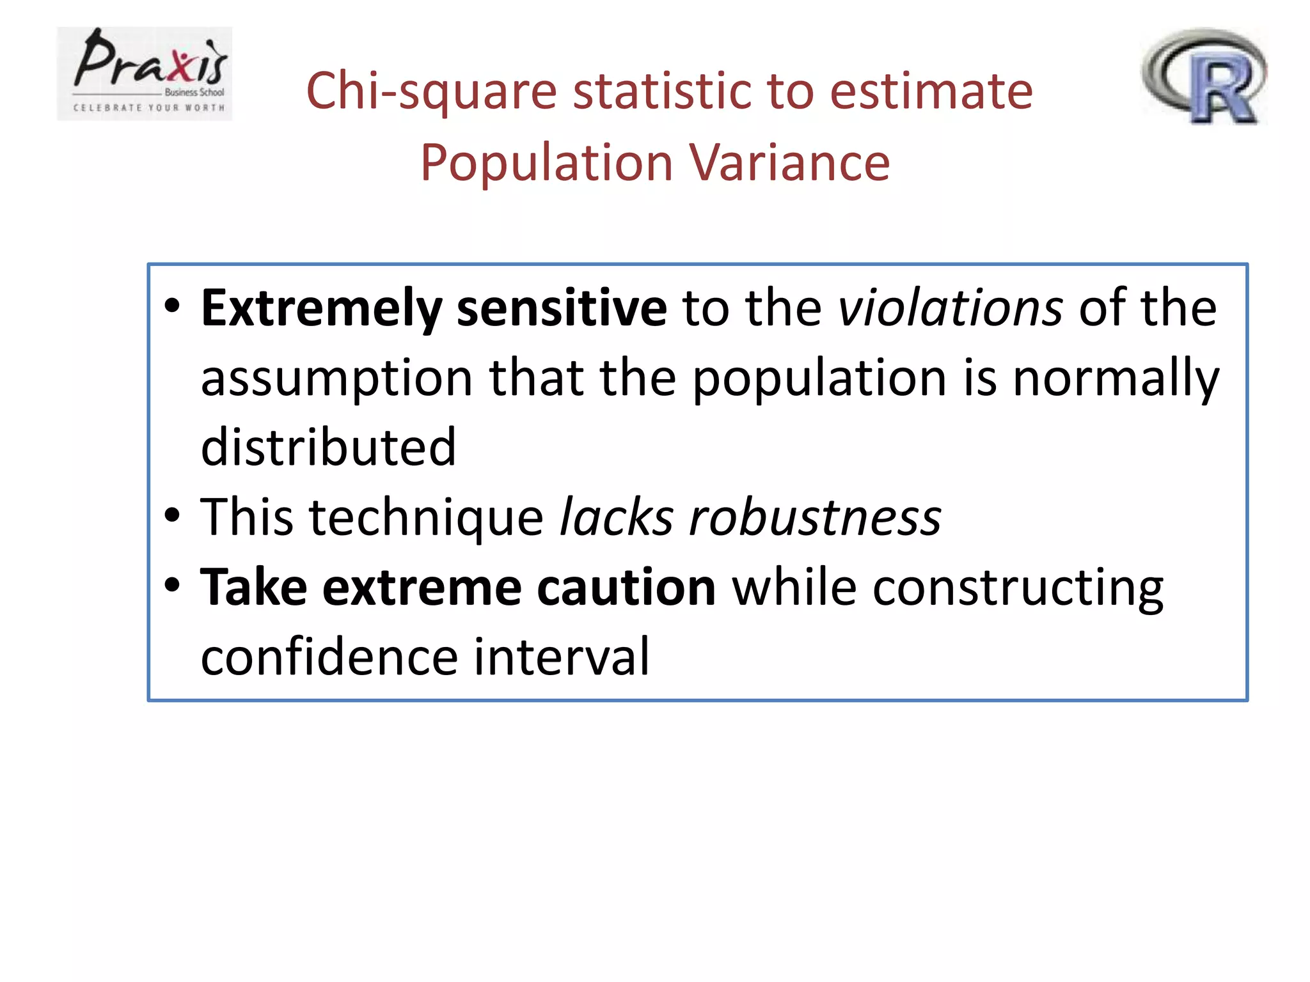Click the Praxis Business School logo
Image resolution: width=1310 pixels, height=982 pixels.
145,74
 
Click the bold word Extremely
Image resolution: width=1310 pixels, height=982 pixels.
321,308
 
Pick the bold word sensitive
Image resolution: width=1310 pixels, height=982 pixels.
562,308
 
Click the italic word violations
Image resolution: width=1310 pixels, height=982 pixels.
950,308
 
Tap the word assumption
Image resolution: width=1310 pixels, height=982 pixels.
336,378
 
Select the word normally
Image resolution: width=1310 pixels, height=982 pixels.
1116,378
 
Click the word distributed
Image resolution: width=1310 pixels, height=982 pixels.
328,448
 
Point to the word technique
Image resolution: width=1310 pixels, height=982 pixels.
426,517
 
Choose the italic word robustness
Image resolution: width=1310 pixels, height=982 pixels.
814,517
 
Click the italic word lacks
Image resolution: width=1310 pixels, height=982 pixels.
617,517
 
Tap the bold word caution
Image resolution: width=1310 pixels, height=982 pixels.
626,588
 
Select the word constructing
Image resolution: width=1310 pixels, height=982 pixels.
1018,588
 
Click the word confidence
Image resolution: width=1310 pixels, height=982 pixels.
329,657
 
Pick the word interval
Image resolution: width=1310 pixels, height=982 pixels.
561,657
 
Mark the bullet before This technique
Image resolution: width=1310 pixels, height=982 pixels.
172,515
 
